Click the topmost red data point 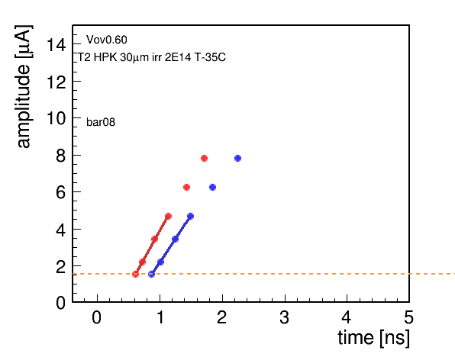[x=204, y=158]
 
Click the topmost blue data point [x=237, y=158]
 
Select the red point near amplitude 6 [x=186, y=188]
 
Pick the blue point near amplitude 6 [x=212, y=188]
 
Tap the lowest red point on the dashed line [x=135, y=274]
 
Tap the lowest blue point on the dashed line [x=151, y=274]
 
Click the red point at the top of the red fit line [x=168, y=217]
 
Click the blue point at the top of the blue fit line [x=190, y=217]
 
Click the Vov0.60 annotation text [x=107, y=40]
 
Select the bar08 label [x=101, y=122]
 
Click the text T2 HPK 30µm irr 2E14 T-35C [x=151, y=57]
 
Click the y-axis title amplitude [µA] [x=24, y=86]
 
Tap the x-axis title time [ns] [x=374, y=338]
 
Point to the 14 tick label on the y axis [x=56, y=45]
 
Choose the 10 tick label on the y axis [x=56, y=118]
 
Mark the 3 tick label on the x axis [x=285, y=317]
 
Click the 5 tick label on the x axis [x=409, y=317]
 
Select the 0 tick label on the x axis [x=97, y=317]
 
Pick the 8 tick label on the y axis [x=61, y=156]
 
